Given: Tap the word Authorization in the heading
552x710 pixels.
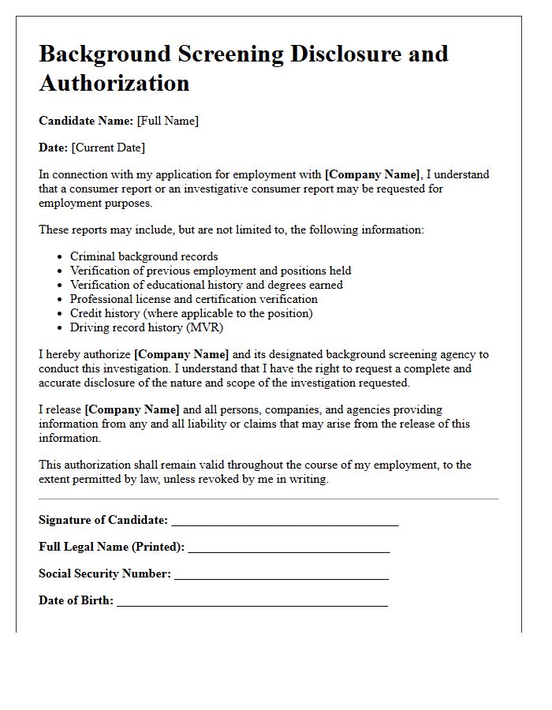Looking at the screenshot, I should point(114,83).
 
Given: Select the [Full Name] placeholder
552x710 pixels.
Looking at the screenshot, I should point(168,121).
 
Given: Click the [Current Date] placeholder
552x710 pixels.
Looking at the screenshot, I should point(108,148).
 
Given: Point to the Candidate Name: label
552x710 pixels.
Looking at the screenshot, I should point(86,121).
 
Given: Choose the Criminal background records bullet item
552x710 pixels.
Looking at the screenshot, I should point(144,256).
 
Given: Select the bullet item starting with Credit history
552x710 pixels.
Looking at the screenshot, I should point(191,313).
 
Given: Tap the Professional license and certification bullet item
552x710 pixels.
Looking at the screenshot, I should point(193,299).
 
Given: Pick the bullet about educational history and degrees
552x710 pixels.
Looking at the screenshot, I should point(206,285).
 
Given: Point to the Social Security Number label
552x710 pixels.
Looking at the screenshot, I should point(105,574).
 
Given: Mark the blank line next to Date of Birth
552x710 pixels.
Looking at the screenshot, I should point(252,604).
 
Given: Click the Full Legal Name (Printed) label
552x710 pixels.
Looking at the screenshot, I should point(111,547).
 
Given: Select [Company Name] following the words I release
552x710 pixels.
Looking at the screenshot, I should point(132,409).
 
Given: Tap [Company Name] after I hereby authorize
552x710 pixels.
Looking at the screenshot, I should point(181,354).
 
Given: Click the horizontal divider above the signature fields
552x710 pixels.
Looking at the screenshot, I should point(268,499).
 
